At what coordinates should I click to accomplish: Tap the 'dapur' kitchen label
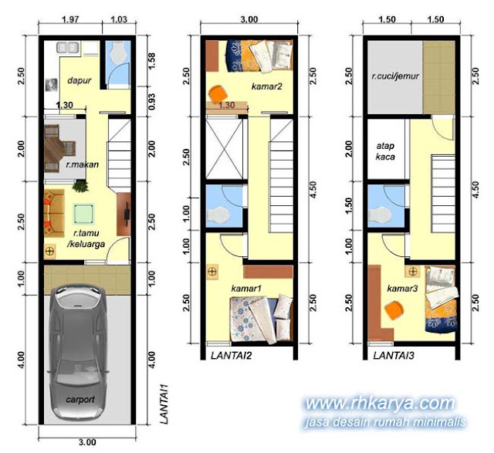(79, 81)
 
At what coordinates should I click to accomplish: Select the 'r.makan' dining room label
(83, 164)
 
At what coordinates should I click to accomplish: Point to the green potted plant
(80, 186)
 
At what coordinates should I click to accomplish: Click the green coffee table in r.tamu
(84, 214)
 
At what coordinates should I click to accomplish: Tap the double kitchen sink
(67, 48)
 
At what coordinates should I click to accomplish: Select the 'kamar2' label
(266, 86)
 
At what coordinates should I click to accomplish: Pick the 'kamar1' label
(246, 289)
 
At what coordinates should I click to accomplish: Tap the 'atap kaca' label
(385, 151)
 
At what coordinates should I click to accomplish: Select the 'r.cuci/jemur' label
(395, 76)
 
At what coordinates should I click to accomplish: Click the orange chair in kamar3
(394, 310)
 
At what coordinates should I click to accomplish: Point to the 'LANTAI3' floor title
(394, 356)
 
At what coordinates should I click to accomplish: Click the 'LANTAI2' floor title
(232, 356)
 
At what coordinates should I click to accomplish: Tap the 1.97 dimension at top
(70, 19)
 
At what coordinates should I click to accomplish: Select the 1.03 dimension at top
(119, 19)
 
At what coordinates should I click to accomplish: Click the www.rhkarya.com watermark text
(381, 404)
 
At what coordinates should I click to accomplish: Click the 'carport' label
(80, 400)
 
